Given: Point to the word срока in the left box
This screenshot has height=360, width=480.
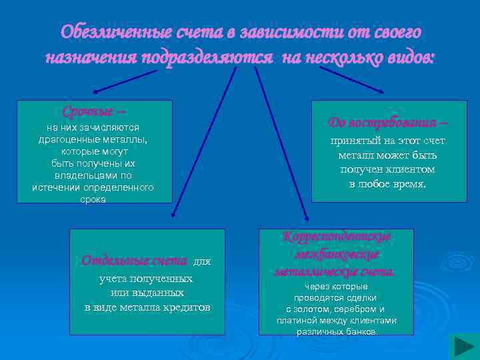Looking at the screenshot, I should (x=93, y=199).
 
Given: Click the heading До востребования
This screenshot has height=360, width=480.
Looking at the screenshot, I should (x=388, y=123).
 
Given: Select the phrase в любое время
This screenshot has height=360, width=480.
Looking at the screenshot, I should (x=387, y=183).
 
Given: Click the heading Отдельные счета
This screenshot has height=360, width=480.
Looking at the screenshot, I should (x=134, y=261).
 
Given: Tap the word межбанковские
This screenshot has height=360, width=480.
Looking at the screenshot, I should (x=336, y=255).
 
